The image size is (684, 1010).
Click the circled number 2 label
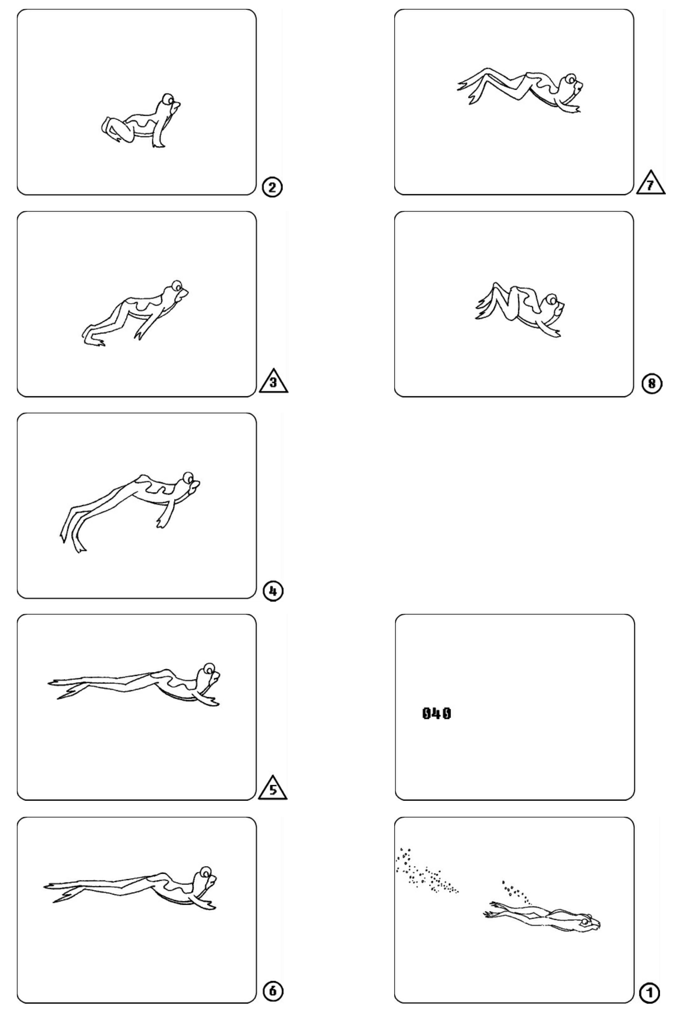click(x=272, y=187)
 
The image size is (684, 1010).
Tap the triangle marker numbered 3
click(x=273, y=381)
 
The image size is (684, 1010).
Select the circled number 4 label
click(x=273, y=591)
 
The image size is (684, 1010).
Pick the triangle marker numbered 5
click(x=273, y=789)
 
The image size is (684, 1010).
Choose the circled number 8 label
click(x=652, y=384)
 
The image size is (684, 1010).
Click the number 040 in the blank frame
click(x=437, y=713)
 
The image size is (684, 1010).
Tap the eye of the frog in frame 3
click(x=176, y=286)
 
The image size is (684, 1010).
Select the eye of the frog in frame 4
click(x=188, y=477)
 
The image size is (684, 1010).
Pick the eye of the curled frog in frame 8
click(x=551, y=300)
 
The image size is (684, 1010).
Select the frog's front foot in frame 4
click(x=162, y=520)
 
